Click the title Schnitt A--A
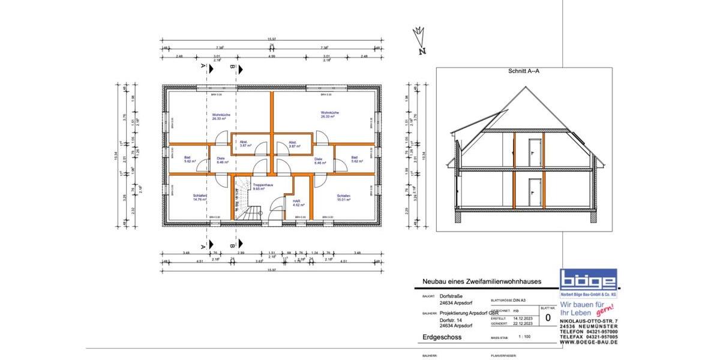click(x=524, y=71)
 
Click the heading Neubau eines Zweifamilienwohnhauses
click(x=482, y=281)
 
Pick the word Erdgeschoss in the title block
click(x=442, y=338)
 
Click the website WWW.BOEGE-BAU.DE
click(x=589, y=342)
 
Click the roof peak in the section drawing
click(x=526, y=88)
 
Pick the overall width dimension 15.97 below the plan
click(x=271, y=270)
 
